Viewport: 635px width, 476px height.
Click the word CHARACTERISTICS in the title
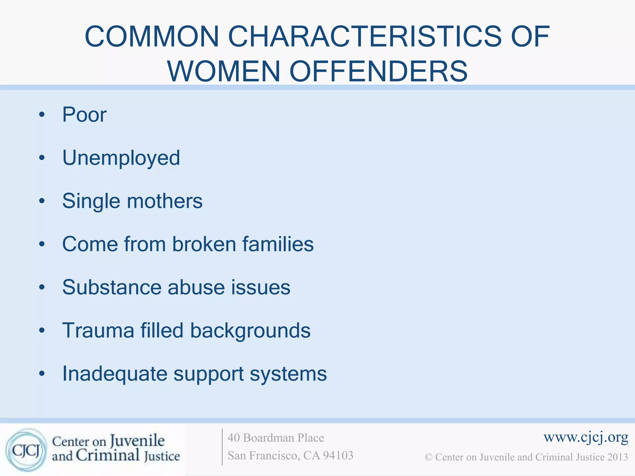[365, 37]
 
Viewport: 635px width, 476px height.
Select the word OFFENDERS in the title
[379, 71]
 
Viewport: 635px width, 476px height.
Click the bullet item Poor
[84, 115]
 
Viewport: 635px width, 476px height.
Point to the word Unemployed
[121, 158]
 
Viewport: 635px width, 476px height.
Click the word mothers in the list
[165, 201]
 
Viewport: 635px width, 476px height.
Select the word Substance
[112, 287]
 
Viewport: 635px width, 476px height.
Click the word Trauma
[98, 330]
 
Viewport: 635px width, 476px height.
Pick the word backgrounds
[250, 331]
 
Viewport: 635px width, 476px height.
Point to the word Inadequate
[114, 374]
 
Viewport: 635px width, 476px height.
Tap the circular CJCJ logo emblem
[26, 450]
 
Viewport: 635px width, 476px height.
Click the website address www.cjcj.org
[586, 437]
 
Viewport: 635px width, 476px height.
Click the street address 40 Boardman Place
[276, 438]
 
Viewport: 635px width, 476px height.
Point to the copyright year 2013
[618, 457]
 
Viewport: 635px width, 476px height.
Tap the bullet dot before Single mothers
[42, 201]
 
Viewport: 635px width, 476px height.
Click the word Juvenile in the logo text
[137, 441]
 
